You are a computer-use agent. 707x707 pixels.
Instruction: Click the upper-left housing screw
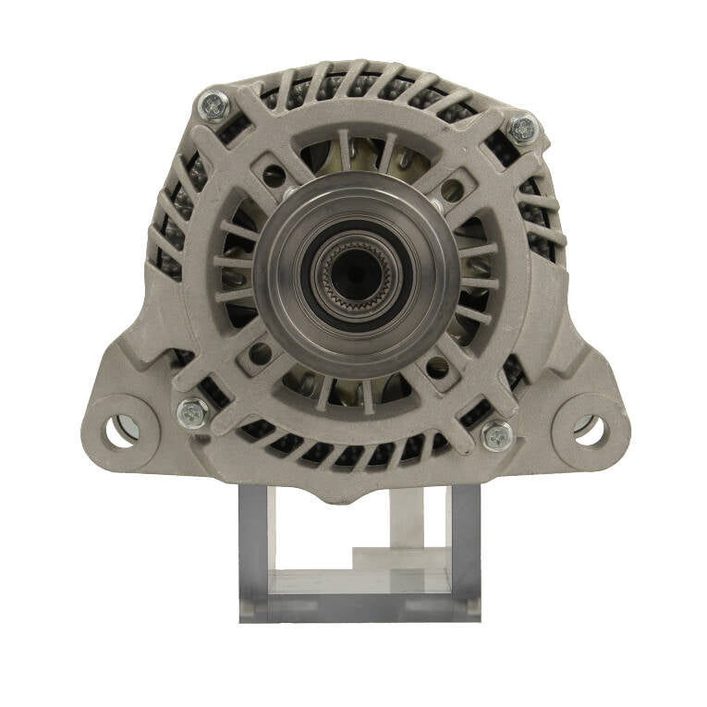pos(213,106)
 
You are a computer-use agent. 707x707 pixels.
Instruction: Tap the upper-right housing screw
pos(522,128)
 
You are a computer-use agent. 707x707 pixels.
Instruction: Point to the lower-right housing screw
pos(497,434)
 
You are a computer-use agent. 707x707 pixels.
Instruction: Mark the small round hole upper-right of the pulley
pos(452,191)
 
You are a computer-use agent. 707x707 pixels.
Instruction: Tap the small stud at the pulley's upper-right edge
pos(433,197)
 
